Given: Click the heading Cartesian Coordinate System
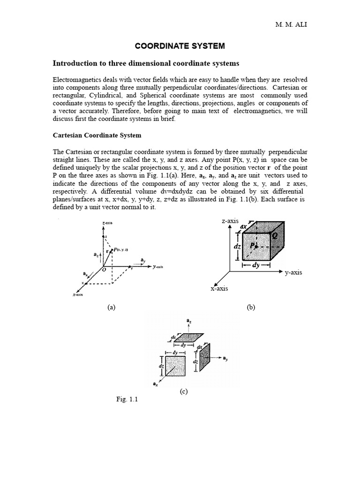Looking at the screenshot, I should [97, 135].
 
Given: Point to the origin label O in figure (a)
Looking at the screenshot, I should [104, 270].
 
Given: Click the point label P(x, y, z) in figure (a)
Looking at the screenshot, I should [121, 250].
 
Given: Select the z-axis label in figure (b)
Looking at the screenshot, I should [230, 221].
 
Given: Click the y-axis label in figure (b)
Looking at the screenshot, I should [293, 272].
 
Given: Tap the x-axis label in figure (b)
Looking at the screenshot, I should [219, 289].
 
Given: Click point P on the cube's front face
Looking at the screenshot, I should [253, 245].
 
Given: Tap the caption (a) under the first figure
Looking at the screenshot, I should [111, 307].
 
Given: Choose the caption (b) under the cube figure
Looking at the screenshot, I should [250, 307].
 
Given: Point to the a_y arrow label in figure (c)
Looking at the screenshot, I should [225, 359].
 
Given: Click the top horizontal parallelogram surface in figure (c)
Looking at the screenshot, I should [185, 338].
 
